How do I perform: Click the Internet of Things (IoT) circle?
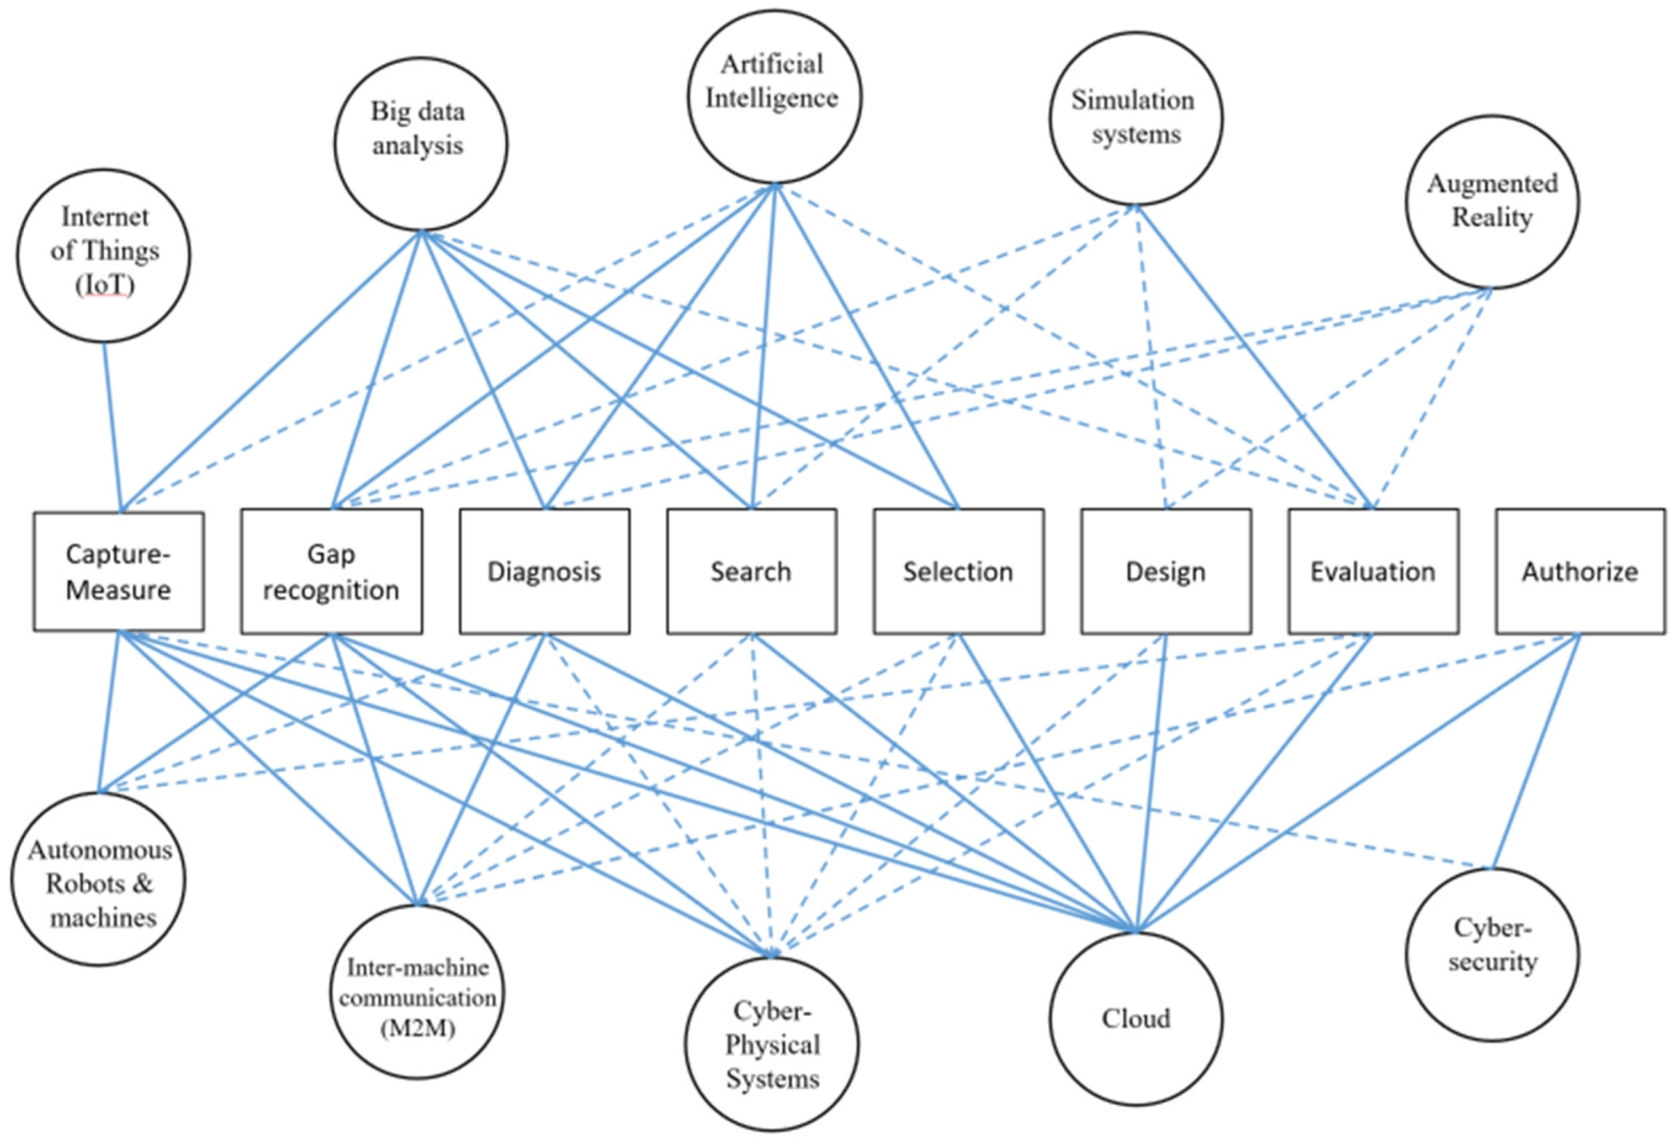104,255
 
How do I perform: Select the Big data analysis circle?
420,144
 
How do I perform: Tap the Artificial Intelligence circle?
774,96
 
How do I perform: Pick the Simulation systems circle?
1135,118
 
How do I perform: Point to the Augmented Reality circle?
1492,201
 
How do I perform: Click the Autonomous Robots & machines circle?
98,879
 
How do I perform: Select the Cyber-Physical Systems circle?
772,1044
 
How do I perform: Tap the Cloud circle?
1135,1019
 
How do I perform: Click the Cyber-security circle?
1492,954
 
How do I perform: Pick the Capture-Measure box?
118,571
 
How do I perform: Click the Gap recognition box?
331,571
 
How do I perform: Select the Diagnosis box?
544,571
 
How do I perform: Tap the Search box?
751,571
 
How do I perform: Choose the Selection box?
958,571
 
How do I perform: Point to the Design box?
1166,571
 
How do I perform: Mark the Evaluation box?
1372,571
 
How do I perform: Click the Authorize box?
1579,571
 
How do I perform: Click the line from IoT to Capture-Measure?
112,426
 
